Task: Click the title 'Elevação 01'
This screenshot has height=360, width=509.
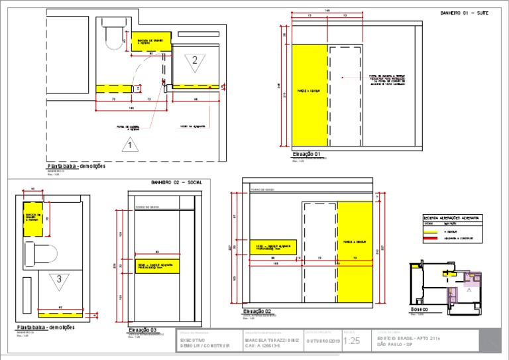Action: [x=306, y=154]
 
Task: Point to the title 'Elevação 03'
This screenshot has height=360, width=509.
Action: [x=142, y=328]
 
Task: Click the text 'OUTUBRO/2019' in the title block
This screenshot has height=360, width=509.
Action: [x=322, y=341]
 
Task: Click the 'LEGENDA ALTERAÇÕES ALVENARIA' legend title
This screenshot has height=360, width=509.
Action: [x=452, y=217]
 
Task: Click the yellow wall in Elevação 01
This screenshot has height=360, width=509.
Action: [x=310, y=95]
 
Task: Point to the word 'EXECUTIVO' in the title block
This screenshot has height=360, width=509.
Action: [x=194, y=339]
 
